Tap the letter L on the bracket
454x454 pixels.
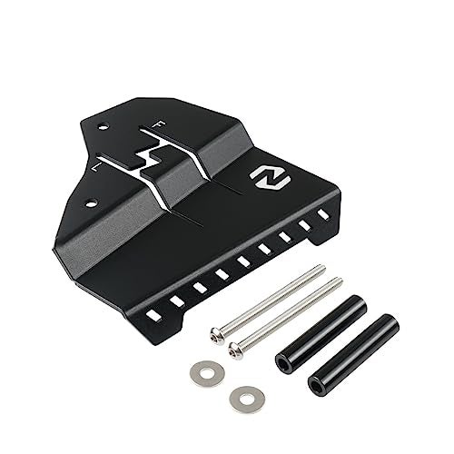(x=99, y=164)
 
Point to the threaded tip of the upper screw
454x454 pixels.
(x=320, y=268)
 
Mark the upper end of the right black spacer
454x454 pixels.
(x=390, y=321)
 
